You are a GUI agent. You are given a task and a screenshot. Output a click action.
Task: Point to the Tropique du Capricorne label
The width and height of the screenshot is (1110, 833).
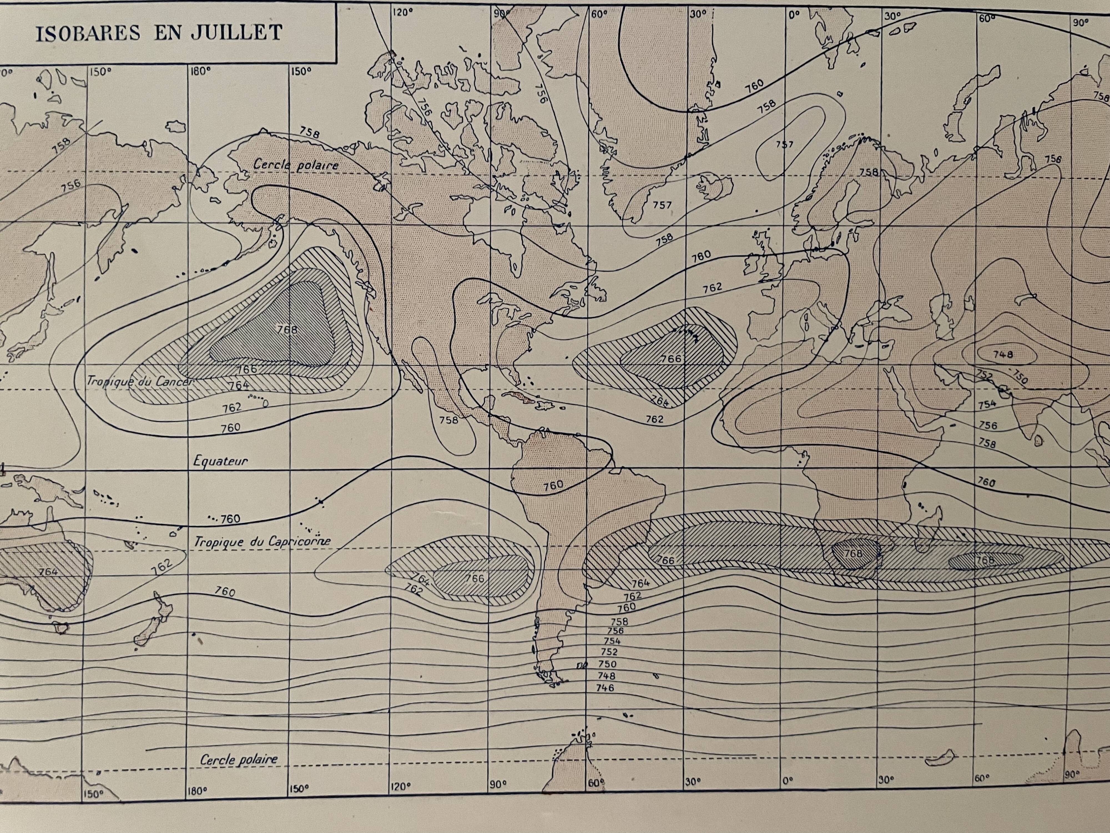coord(263,541)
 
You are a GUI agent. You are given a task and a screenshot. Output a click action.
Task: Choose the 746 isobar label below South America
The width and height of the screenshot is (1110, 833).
coord(605,688)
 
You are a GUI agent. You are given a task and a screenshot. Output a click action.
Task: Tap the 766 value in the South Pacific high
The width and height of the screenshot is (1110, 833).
coord(474,578)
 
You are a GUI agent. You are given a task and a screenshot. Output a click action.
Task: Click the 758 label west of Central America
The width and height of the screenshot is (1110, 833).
coord(449,420)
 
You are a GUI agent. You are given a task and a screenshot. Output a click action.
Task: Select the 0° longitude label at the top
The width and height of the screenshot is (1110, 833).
coord(793,14)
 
